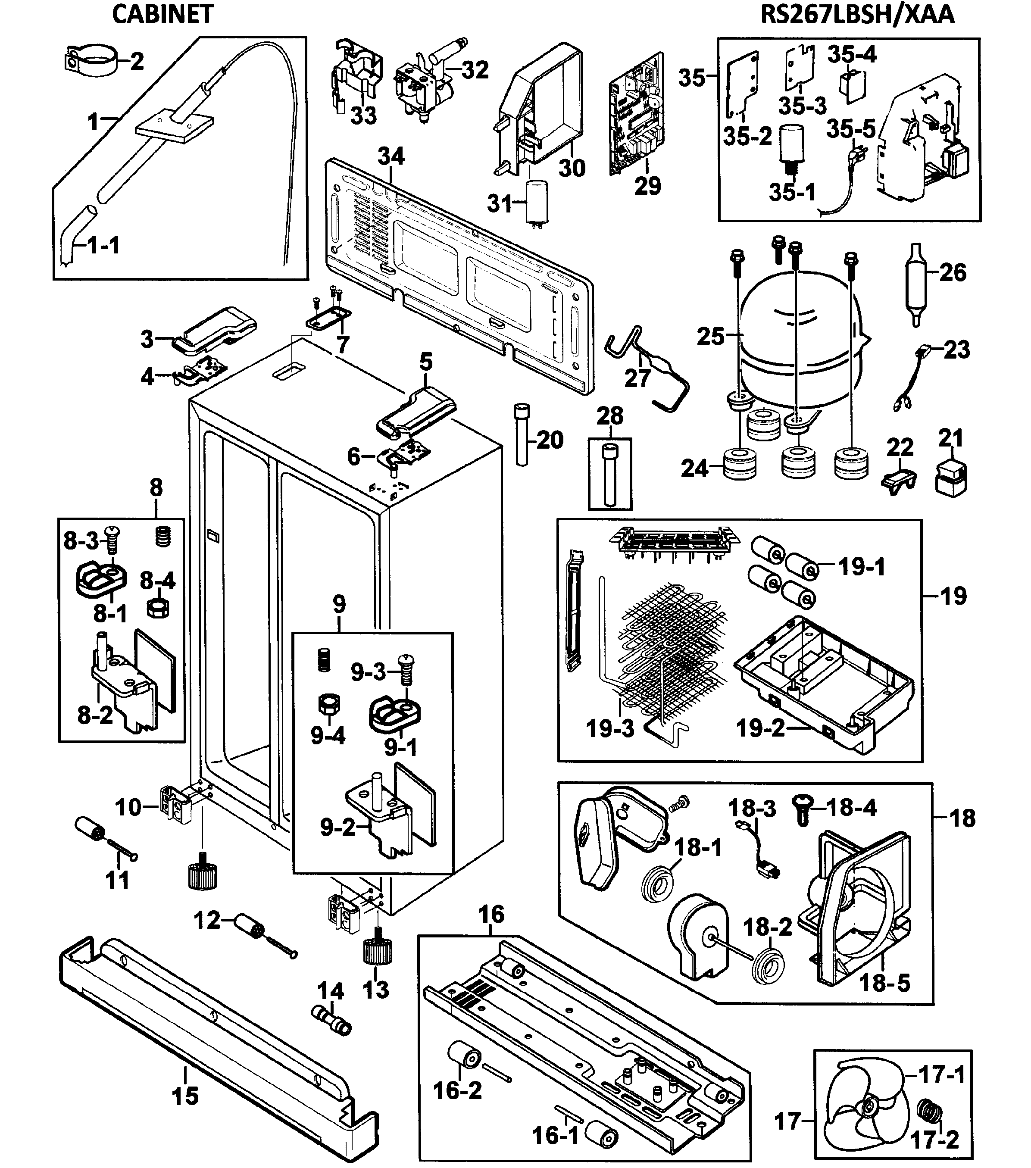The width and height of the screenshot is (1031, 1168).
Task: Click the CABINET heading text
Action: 163,14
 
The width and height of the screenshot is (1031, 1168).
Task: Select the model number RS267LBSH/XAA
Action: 857,14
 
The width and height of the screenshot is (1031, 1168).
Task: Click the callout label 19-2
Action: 760,728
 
